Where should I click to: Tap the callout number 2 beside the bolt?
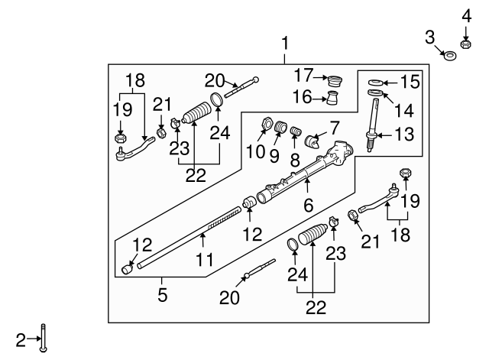(21, 336)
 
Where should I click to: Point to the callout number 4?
(465, 15)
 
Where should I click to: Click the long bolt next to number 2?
(47, 337)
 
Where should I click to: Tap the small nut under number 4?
(465, 42)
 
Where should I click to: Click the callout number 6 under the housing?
(309, 205)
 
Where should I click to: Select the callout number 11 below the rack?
(203, 261)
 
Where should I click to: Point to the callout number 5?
(162, 294)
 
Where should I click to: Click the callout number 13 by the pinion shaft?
(405, 135)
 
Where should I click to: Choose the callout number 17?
(305, 76)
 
